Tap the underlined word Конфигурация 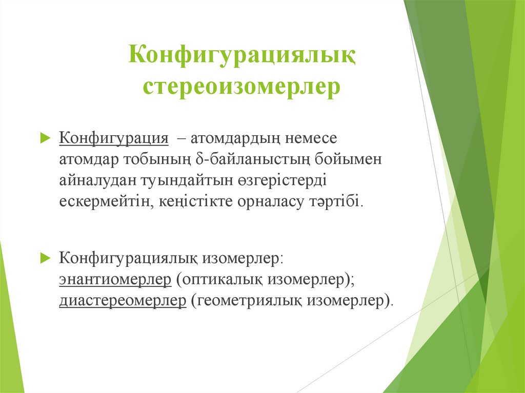click(114, 139)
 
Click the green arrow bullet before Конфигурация click(45, 139)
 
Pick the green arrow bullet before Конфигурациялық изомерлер click(45, 257)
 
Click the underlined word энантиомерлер click(115, 279)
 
